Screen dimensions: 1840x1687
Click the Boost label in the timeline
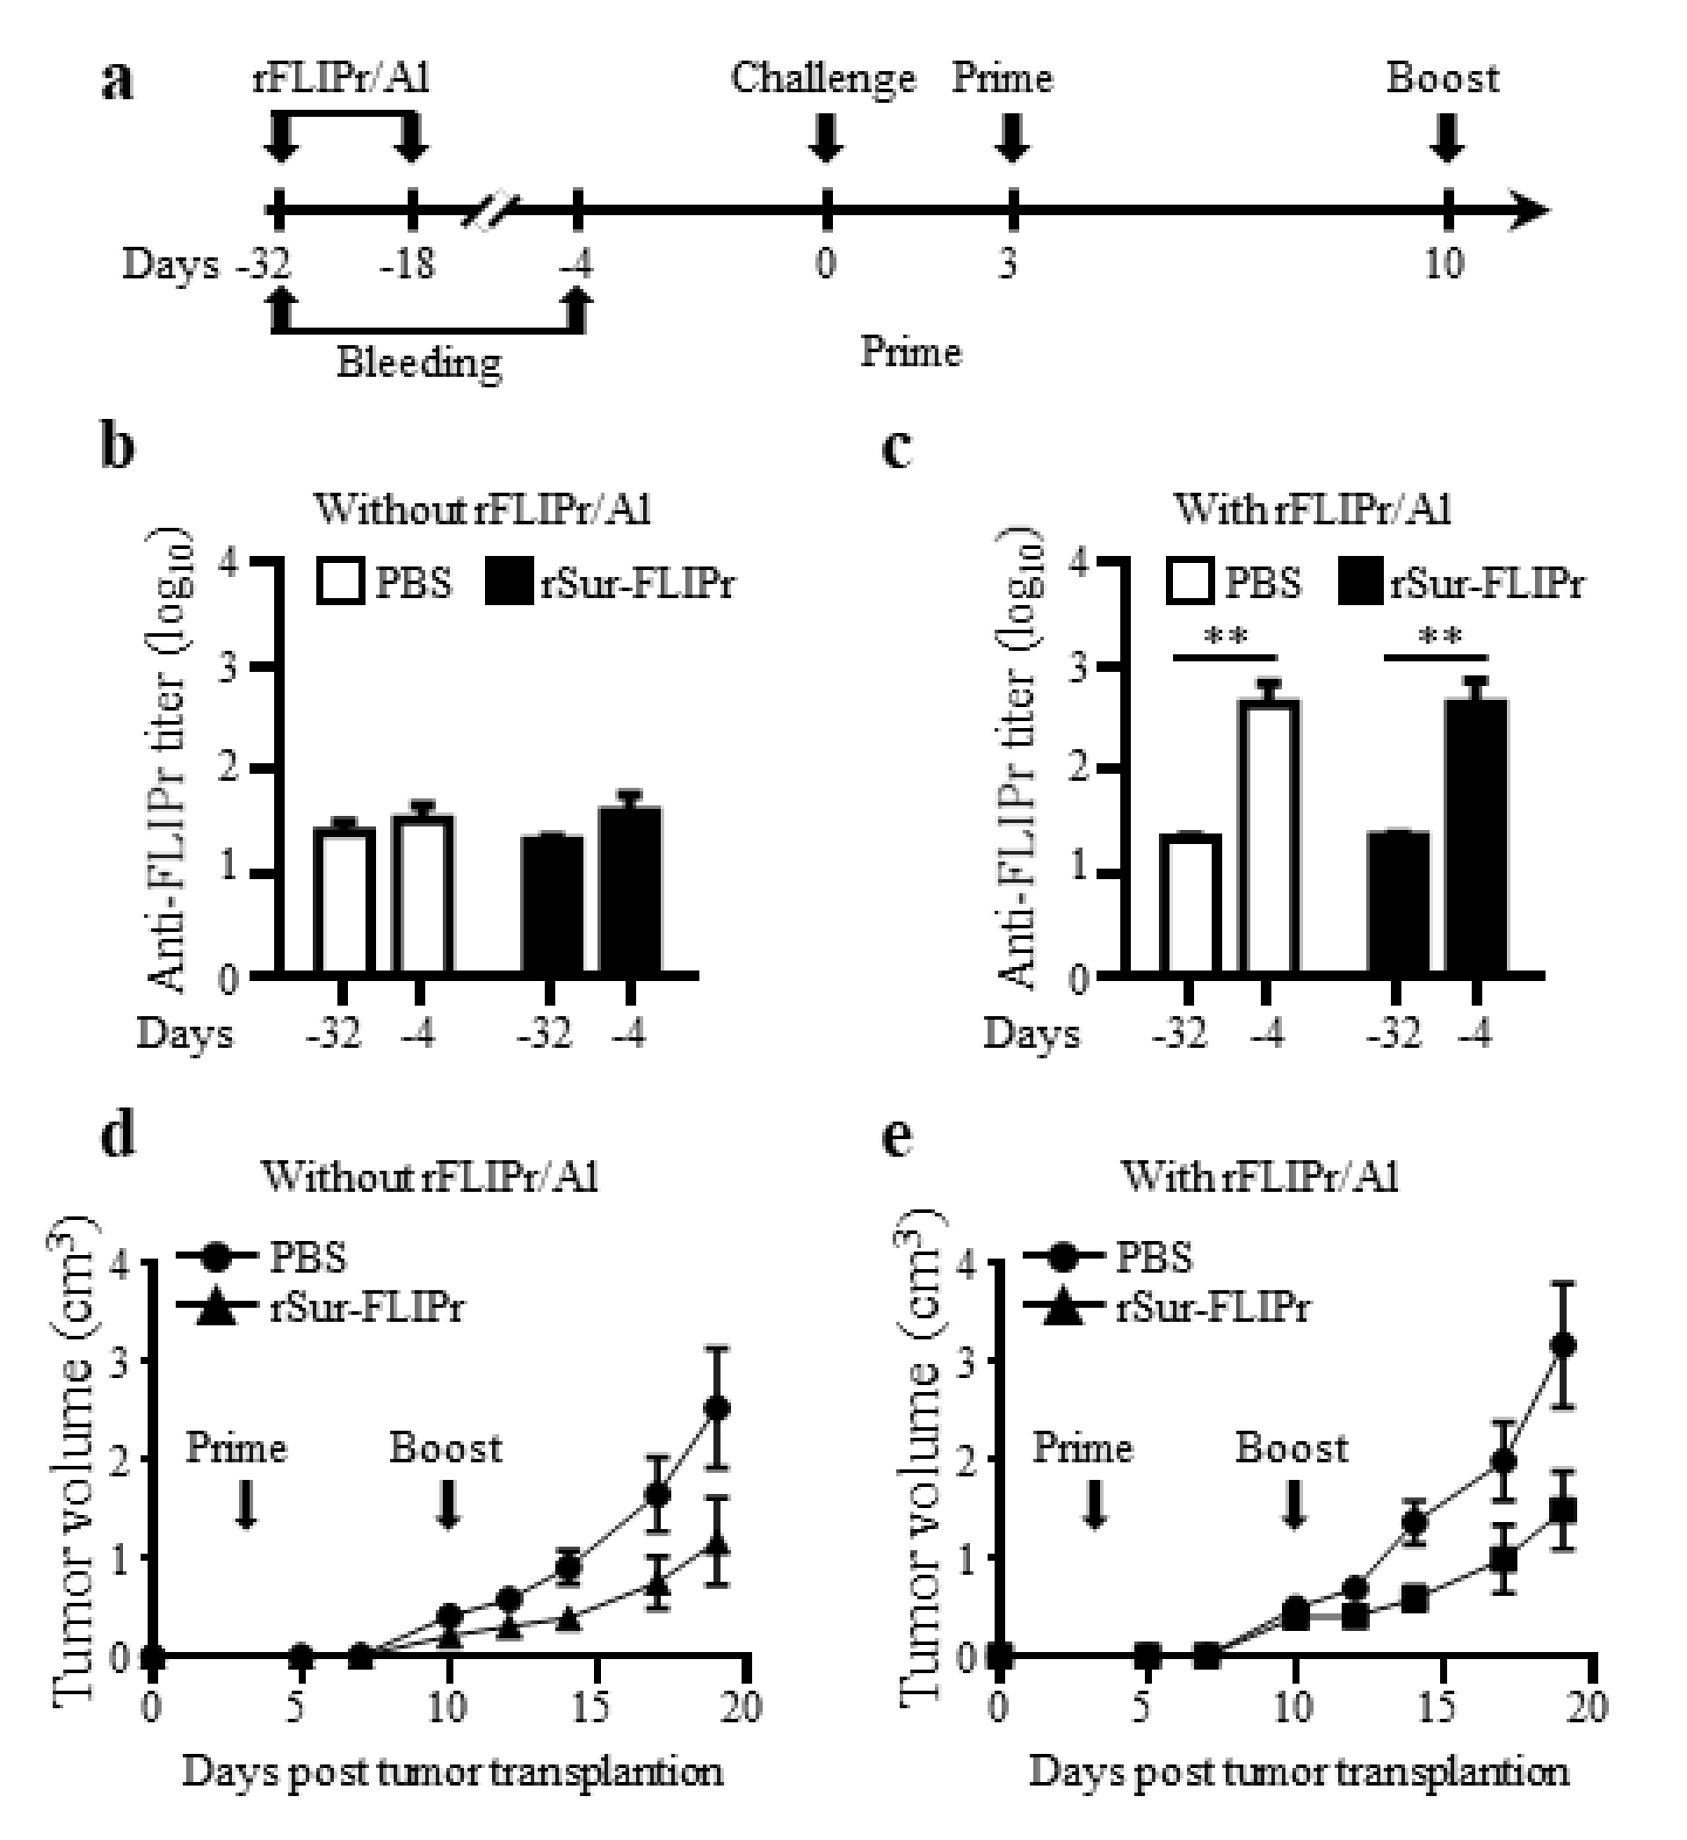click(1443, 78)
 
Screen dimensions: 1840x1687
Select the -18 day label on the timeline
click(409, 263)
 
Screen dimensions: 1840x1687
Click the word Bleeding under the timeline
click(419, 363)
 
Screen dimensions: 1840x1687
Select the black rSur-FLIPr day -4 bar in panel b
click(630, 890)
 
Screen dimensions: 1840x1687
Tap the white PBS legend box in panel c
click(1188, 582)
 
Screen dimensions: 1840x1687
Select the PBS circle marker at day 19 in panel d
click(718, 1408)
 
